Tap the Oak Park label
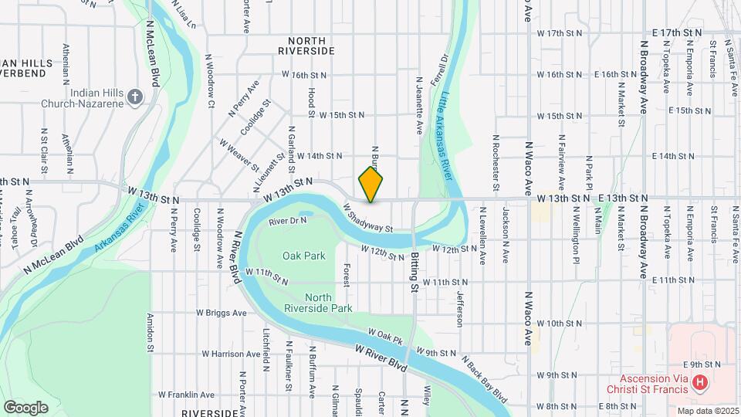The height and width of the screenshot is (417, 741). point(299,256)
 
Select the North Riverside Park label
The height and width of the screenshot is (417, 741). point(329,303)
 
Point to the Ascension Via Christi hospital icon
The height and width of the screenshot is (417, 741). point(699,382)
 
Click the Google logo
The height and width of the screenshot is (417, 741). point(25,407)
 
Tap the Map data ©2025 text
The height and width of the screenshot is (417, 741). point(707,411)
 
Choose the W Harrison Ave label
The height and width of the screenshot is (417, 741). point(214,354)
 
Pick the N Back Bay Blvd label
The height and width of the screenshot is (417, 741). point(485,378)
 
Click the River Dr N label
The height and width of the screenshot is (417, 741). point(288,221)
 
